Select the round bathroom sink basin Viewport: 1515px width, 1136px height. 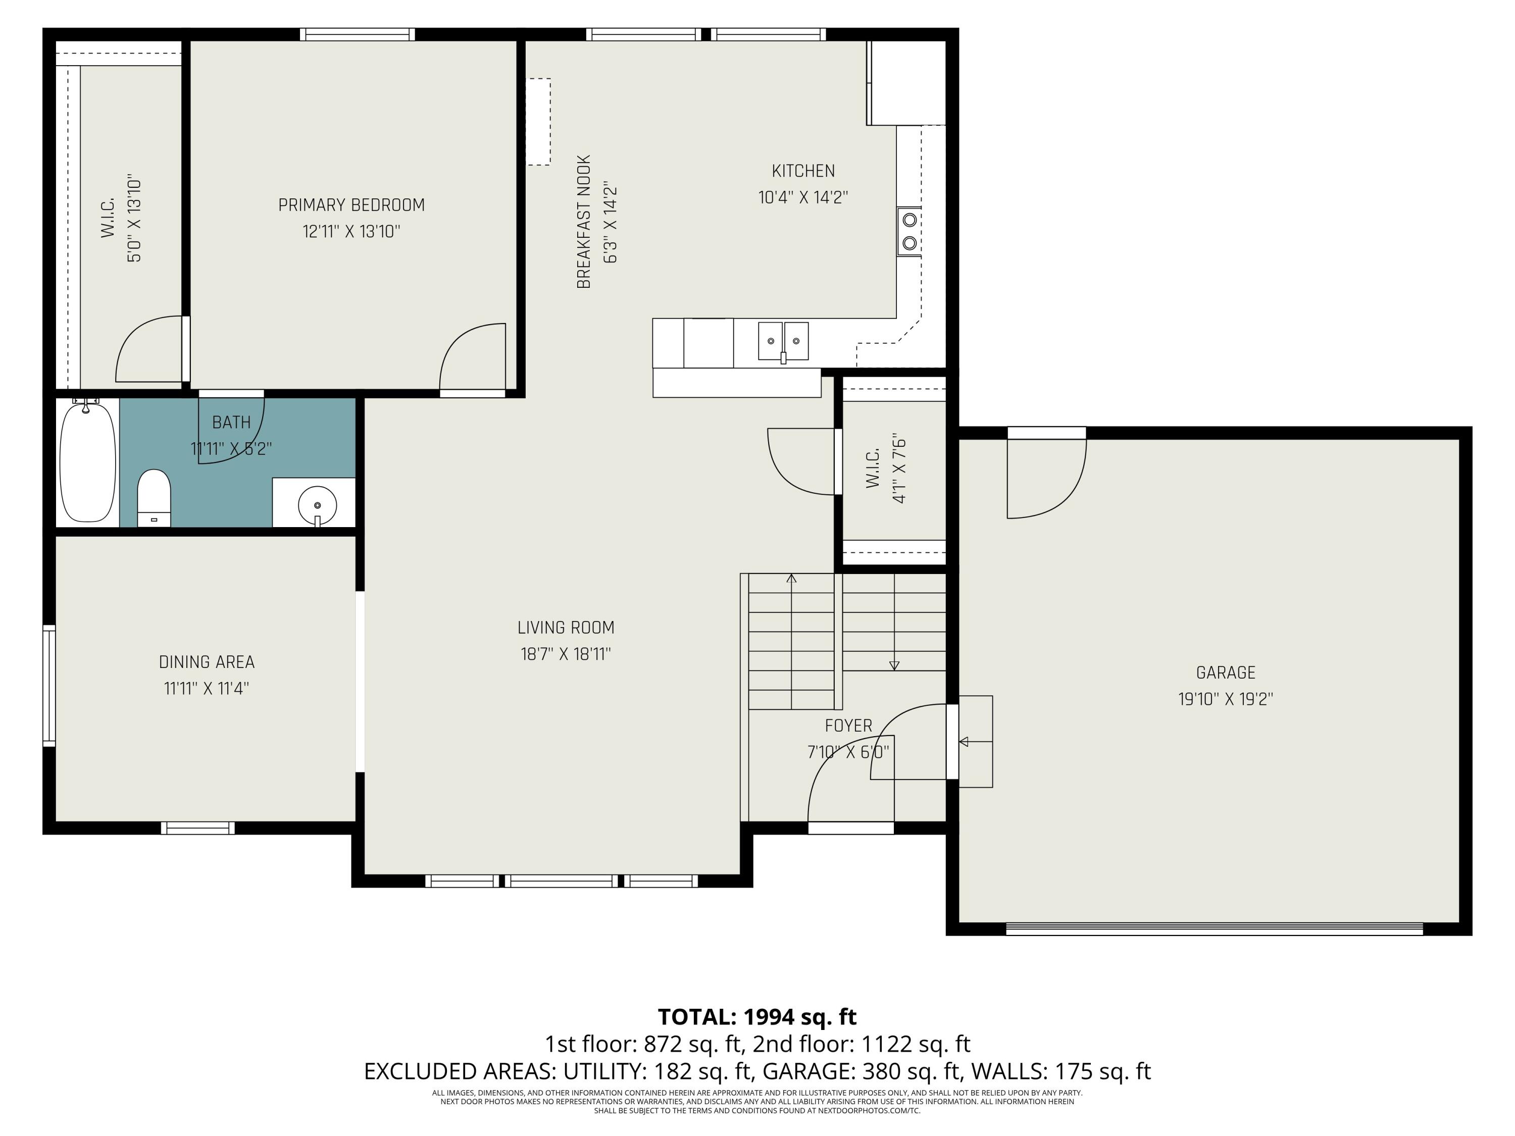coord(317,505)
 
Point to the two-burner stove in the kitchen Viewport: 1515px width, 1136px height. coord(910,231)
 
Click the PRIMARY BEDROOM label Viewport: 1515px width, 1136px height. coord(351,205)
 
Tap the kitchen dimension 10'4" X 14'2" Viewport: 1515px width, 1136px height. coord(803,197)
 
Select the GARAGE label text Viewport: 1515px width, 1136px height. coord(1225,673)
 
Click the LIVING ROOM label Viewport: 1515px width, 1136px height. coord(566,627)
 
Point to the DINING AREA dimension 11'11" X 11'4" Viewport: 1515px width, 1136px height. coord(206,688)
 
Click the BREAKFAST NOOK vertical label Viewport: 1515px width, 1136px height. coord(584,222)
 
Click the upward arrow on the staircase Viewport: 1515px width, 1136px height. coord(792,579)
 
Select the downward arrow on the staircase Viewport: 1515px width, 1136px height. coord(894,665)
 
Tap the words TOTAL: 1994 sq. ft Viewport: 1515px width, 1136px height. coord(757,1017)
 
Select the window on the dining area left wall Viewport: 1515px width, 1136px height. coord(48,684)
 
